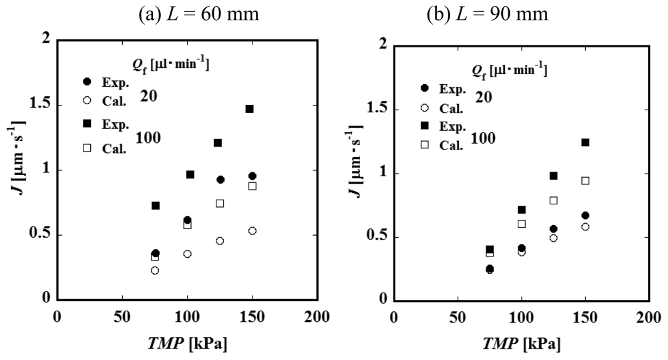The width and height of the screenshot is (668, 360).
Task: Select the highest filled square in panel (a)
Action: pyautogui.click(x=250, y=109)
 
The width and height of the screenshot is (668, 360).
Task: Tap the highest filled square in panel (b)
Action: pyautogui.click(x=586, y=142)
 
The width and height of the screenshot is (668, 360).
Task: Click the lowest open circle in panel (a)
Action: pyautogui.click(x=136, y=271)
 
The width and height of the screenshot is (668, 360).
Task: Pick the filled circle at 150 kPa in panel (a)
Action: pyautogui.click(x=253, y=176)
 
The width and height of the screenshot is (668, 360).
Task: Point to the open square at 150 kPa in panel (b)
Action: pyautogui.click(x=586, y=180)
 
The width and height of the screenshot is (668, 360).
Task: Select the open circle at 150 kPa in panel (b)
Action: pyautogui.click(x=586, y=227)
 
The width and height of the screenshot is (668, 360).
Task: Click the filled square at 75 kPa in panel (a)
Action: pyautogui.click(x=137, y=206)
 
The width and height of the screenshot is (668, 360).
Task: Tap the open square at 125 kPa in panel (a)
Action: pyautogui.click(x=220, y=203)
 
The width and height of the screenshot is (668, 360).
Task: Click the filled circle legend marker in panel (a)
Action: pyautogui.click(x=86, y=81)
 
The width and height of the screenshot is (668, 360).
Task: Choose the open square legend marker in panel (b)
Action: pyautogui.click(x=424, y=144)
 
